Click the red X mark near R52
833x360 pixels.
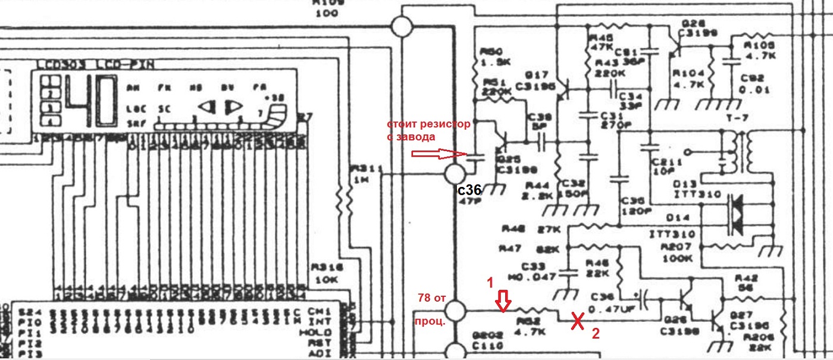[x=577, y=322]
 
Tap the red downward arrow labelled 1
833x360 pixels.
[x=503, y=301]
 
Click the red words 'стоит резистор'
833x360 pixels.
[x=428, y=125]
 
